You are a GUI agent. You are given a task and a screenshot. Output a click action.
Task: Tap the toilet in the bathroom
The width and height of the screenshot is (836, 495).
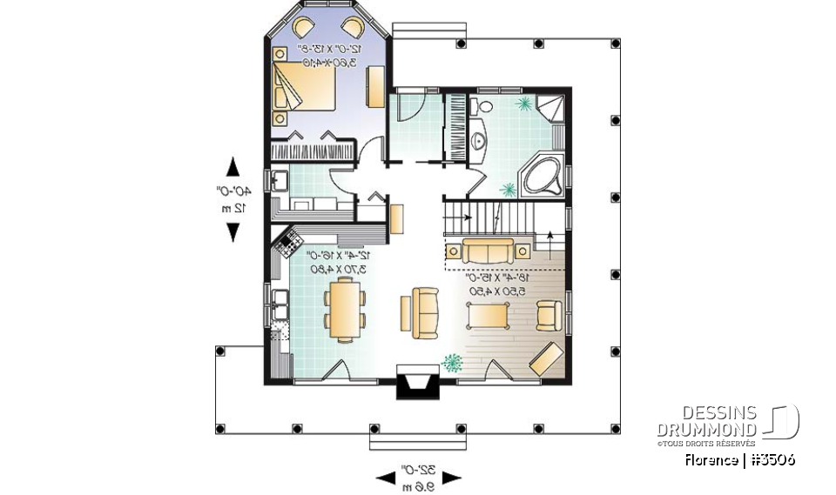click(476, 107)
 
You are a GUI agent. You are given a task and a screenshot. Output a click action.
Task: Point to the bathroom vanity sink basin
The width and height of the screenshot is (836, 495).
click(477, 142)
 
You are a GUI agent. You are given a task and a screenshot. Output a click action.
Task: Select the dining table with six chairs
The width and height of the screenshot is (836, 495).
click(345, 310)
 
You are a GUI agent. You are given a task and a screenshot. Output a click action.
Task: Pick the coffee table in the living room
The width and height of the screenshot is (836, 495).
click(491, 313)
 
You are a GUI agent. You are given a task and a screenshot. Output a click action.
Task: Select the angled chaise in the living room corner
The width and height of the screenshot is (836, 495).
click(546, 358)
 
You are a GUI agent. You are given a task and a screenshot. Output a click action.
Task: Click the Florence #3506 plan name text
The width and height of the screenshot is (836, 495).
click(738, 460)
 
